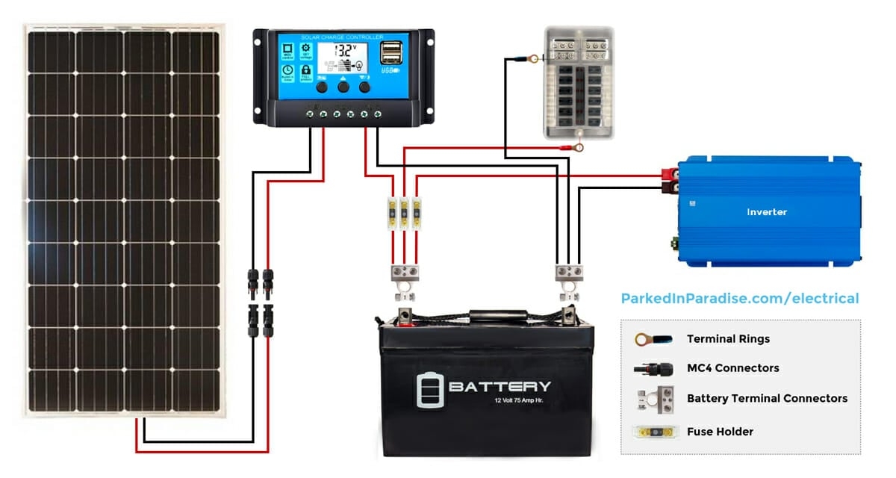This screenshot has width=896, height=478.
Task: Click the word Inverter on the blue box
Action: coord(767,212)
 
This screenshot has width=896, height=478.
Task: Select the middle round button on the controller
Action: coord(343,87)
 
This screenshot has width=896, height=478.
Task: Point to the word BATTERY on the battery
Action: coord(500,386)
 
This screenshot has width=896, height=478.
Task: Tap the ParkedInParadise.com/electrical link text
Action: coord(740,299)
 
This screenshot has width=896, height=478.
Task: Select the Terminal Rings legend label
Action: coord(728,339)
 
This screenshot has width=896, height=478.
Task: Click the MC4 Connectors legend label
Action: coord(732,368)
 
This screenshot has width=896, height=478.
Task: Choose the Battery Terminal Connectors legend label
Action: coord(767,398)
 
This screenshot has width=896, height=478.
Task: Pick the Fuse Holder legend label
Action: coord(720,432)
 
